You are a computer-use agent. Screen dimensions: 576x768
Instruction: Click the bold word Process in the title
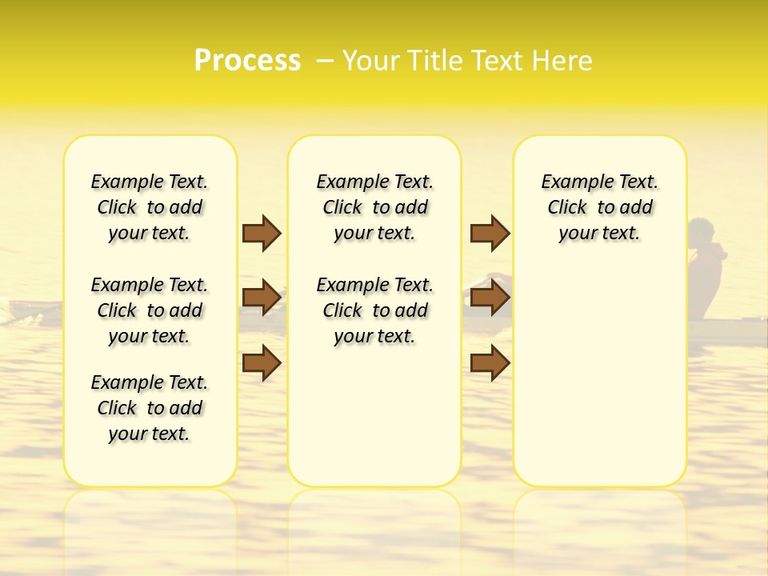[247, 60]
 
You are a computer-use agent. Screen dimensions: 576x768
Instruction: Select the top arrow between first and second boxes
[262, 233]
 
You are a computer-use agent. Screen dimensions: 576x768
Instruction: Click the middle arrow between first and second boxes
[262, 298]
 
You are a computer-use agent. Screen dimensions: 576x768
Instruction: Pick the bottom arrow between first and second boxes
[262, 362]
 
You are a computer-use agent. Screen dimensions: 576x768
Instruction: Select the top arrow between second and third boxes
[490, 233]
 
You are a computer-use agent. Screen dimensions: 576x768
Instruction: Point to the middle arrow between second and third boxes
[490, 298]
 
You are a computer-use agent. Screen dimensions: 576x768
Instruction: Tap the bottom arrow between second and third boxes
[490, 362]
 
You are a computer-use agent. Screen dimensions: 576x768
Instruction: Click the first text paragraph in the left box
[150, 207]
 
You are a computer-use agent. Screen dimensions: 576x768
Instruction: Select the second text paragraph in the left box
[150, 310]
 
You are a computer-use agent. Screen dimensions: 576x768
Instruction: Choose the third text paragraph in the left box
[150, 408]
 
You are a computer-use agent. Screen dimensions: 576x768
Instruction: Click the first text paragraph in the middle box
[374, 207]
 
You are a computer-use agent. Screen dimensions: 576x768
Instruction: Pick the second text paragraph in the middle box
[374, 310]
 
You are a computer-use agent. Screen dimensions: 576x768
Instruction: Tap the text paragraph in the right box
[599, 207]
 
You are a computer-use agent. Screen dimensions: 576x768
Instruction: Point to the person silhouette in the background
[706, 264]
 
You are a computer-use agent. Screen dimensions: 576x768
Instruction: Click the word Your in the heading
[370, 61]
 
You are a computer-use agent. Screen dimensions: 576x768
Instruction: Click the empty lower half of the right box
[599, 384]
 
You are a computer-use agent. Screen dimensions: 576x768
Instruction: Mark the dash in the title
[325, 61]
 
